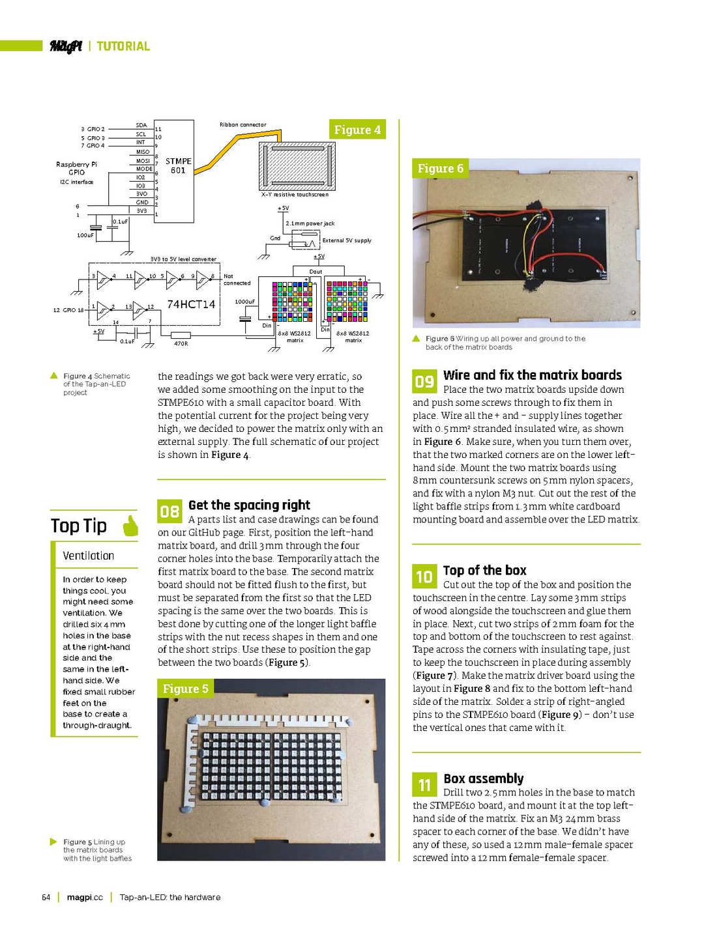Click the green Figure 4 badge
(357, 130)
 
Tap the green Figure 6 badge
(440, 169)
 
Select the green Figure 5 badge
(186, 689)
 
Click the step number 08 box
(169, 511)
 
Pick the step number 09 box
(424, 381)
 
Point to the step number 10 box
(424, 576)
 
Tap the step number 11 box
(424, 784)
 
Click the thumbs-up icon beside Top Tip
(130, 525)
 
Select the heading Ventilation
(89, 556)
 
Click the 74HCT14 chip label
(191, 304)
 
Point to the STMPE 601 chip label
(178, 165)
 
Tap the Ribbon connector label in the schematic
(242, 124)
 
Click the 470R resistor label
(181, 343)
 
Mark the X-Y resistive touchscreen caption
(295, 194)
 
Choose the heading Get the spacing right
(249, 505)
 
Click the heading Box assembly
(483, 778)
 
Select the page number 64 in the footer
(46, 897)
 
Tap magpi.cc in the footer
(85, 897)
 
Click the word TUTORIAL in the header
(123, 46)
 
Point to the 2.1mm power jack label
(310, 223)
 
